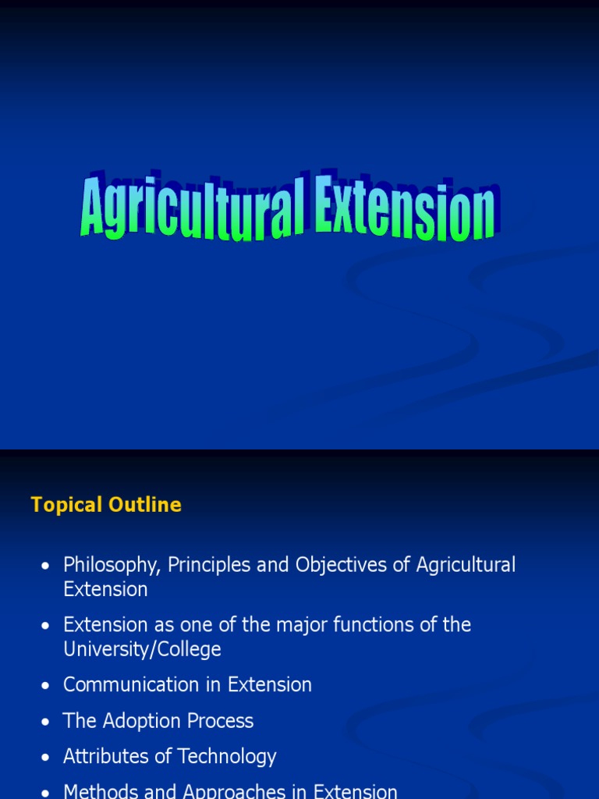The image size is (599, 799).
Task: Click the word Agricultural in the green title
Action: click(191, 207)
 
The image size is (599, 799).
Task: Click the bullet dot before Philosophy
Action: click(47, 566)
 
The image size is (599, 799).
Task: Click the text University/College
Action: click(142, 649)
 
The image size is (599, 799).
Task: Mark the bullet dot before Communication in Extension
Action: click(47, 686)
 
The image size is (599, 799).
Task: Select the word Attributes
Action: click(101, 757)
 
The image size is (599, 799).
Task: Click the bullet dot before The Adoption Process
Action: click(47, 722)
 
